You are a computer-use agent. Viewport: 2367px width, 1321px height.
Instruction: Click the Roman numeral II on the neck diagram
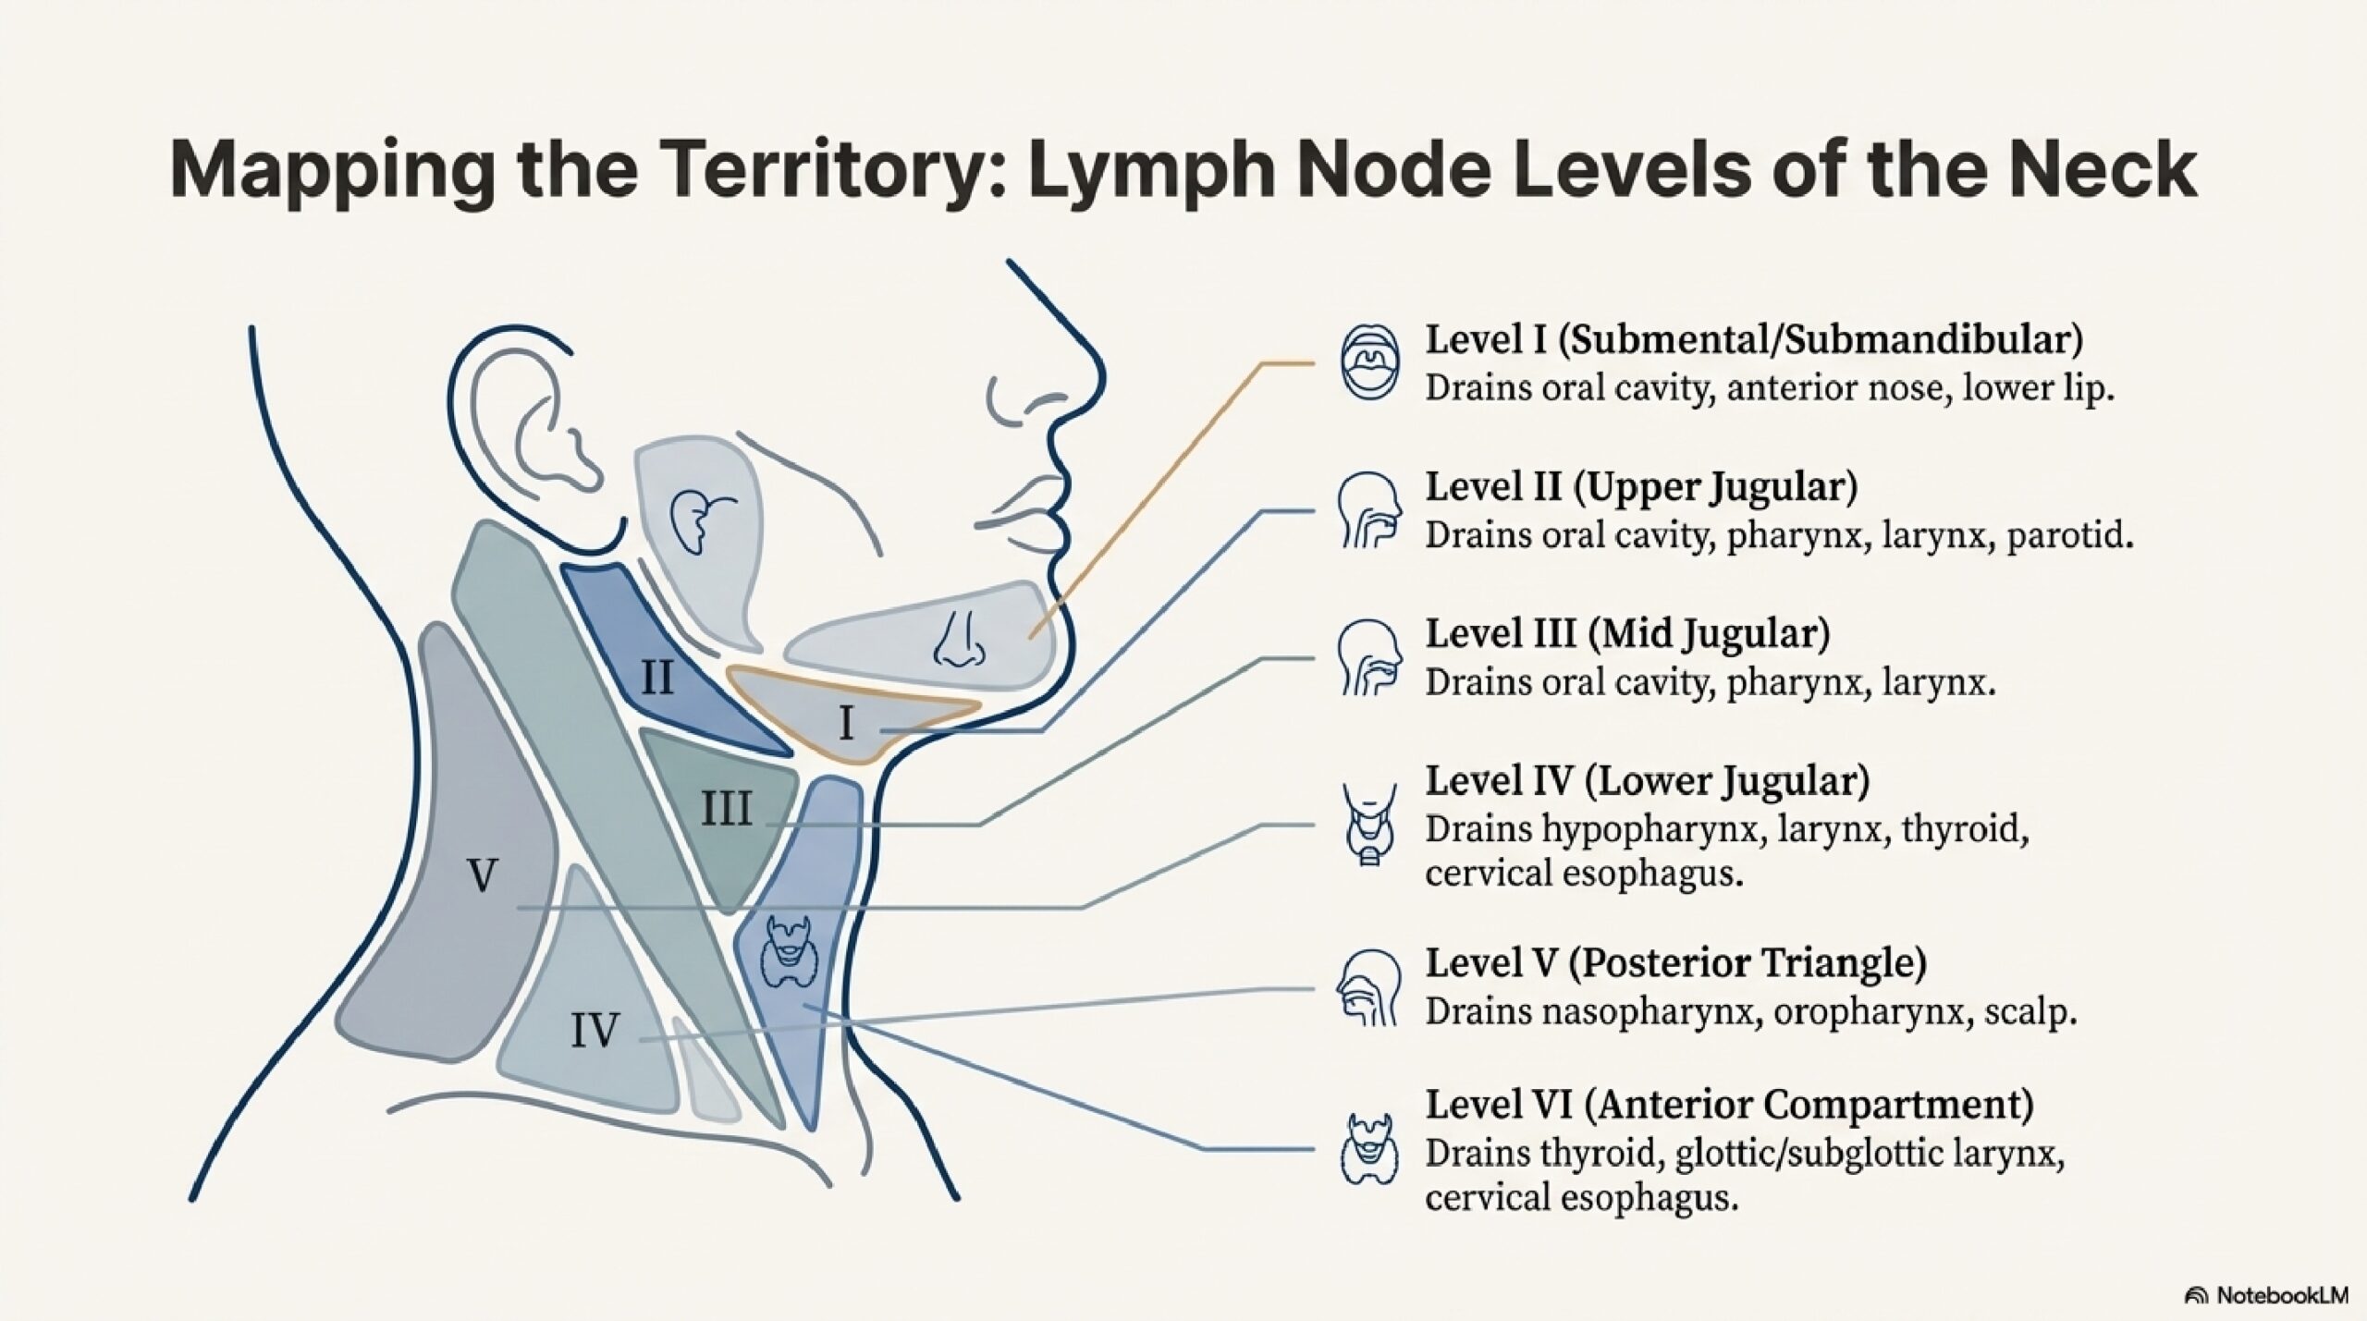tap(657, 679)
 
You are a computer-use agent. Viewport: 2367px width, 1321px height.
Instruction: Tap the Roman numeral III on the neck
tap(726, 810)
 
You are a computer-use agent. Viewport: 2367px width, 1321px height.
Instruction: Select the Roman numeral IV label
tap(594, 1030)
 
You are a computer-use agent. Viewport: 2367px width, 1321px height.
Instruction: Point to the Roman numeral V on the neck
tap(483, 875)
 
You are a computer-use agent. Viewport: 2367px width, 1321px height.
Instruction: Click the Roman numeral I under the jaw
tap(845, 724)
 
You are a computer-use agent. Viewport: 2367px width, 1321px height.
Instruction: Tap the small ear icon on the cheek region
tap(699, 519)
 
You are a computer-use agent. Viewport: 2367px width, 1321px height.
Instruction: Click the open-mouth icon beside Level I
tap(1369, 362)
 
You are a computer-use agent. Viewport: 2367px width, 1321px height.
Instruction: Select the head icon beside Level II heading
tap(1369, 511)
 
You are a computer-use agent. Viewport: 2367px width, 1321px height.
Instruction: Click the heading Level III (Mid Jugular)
tap(1627, 634)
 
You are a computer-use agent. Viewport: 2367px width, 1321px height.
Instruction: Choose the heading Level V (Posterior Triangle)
tap(1675, 963)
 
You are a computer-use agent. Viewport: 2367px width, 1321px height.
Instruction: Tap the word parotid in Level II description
tap(2069, 536)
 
